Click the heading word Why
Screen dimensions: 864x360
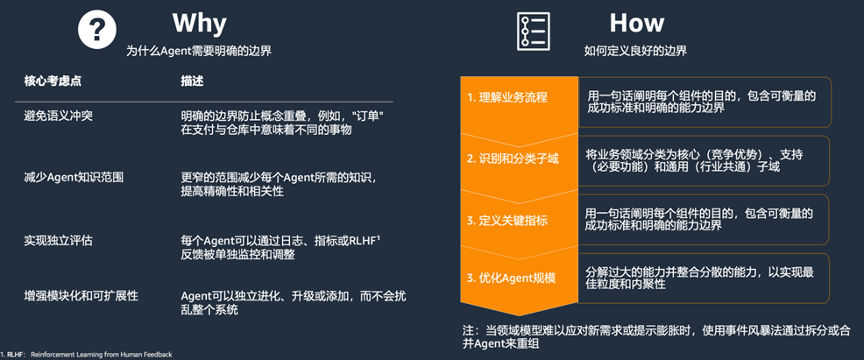199,22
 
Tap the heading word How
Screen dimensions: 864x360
636,22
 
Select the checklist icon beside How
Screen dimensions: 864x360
532,31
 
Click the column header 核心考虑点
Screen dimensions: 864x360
53,81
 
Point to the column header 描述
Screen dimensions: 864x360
192,81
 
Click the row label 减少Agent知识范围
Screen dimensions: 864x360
74,177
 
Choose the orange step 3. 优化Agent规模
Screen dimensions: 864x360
512,279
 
